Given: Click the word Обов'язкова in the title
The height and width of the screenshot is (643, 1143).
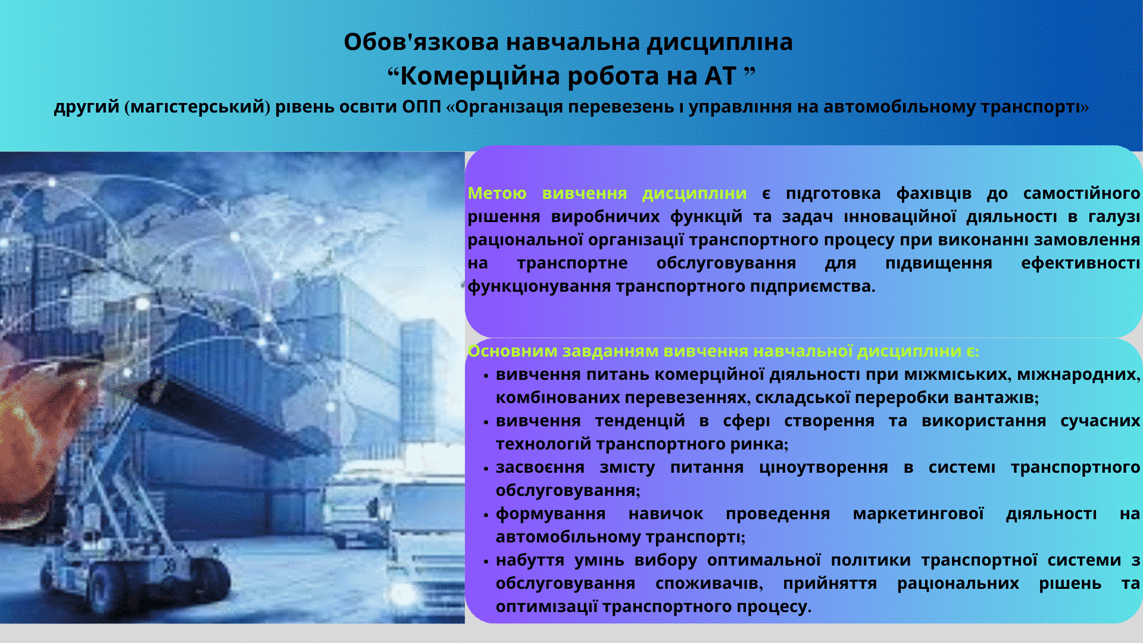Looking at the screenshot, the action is tap(421, 42).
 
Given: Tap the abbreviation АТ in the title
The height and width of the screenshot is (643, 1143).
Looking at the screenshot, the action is tap(721, 76).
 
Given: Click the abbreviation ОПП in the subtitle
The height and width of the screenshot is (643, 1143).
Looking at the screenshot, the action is tap(421, 107).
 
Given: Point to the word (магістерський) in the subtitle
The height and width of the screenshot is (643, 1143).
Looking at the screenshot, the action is tap(198, 107).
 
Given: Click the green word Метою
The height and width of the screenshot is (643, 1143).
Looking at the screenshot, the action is tap(497, 193).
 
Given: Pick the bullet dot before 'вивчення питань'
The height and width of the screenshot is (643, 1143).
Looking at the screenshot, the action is tap(486, 376).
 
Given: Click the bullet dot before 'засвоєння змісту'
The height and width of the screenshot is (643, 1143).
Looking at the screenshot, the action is tap(486, 469).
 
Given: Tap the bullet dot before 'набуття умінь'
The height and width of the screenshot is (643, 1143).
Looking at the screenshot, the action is tap(486, 561).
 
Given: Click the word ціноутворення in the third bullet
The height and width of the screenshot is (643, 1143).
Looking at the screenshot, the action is tap(823, 468).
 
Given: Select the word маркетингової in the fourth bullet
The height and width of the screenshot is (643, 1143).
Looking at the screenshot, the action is tap(918, 514).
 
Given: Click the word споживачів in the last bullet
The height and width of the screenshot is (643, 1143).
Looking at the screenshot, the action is tap(709, 583).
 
